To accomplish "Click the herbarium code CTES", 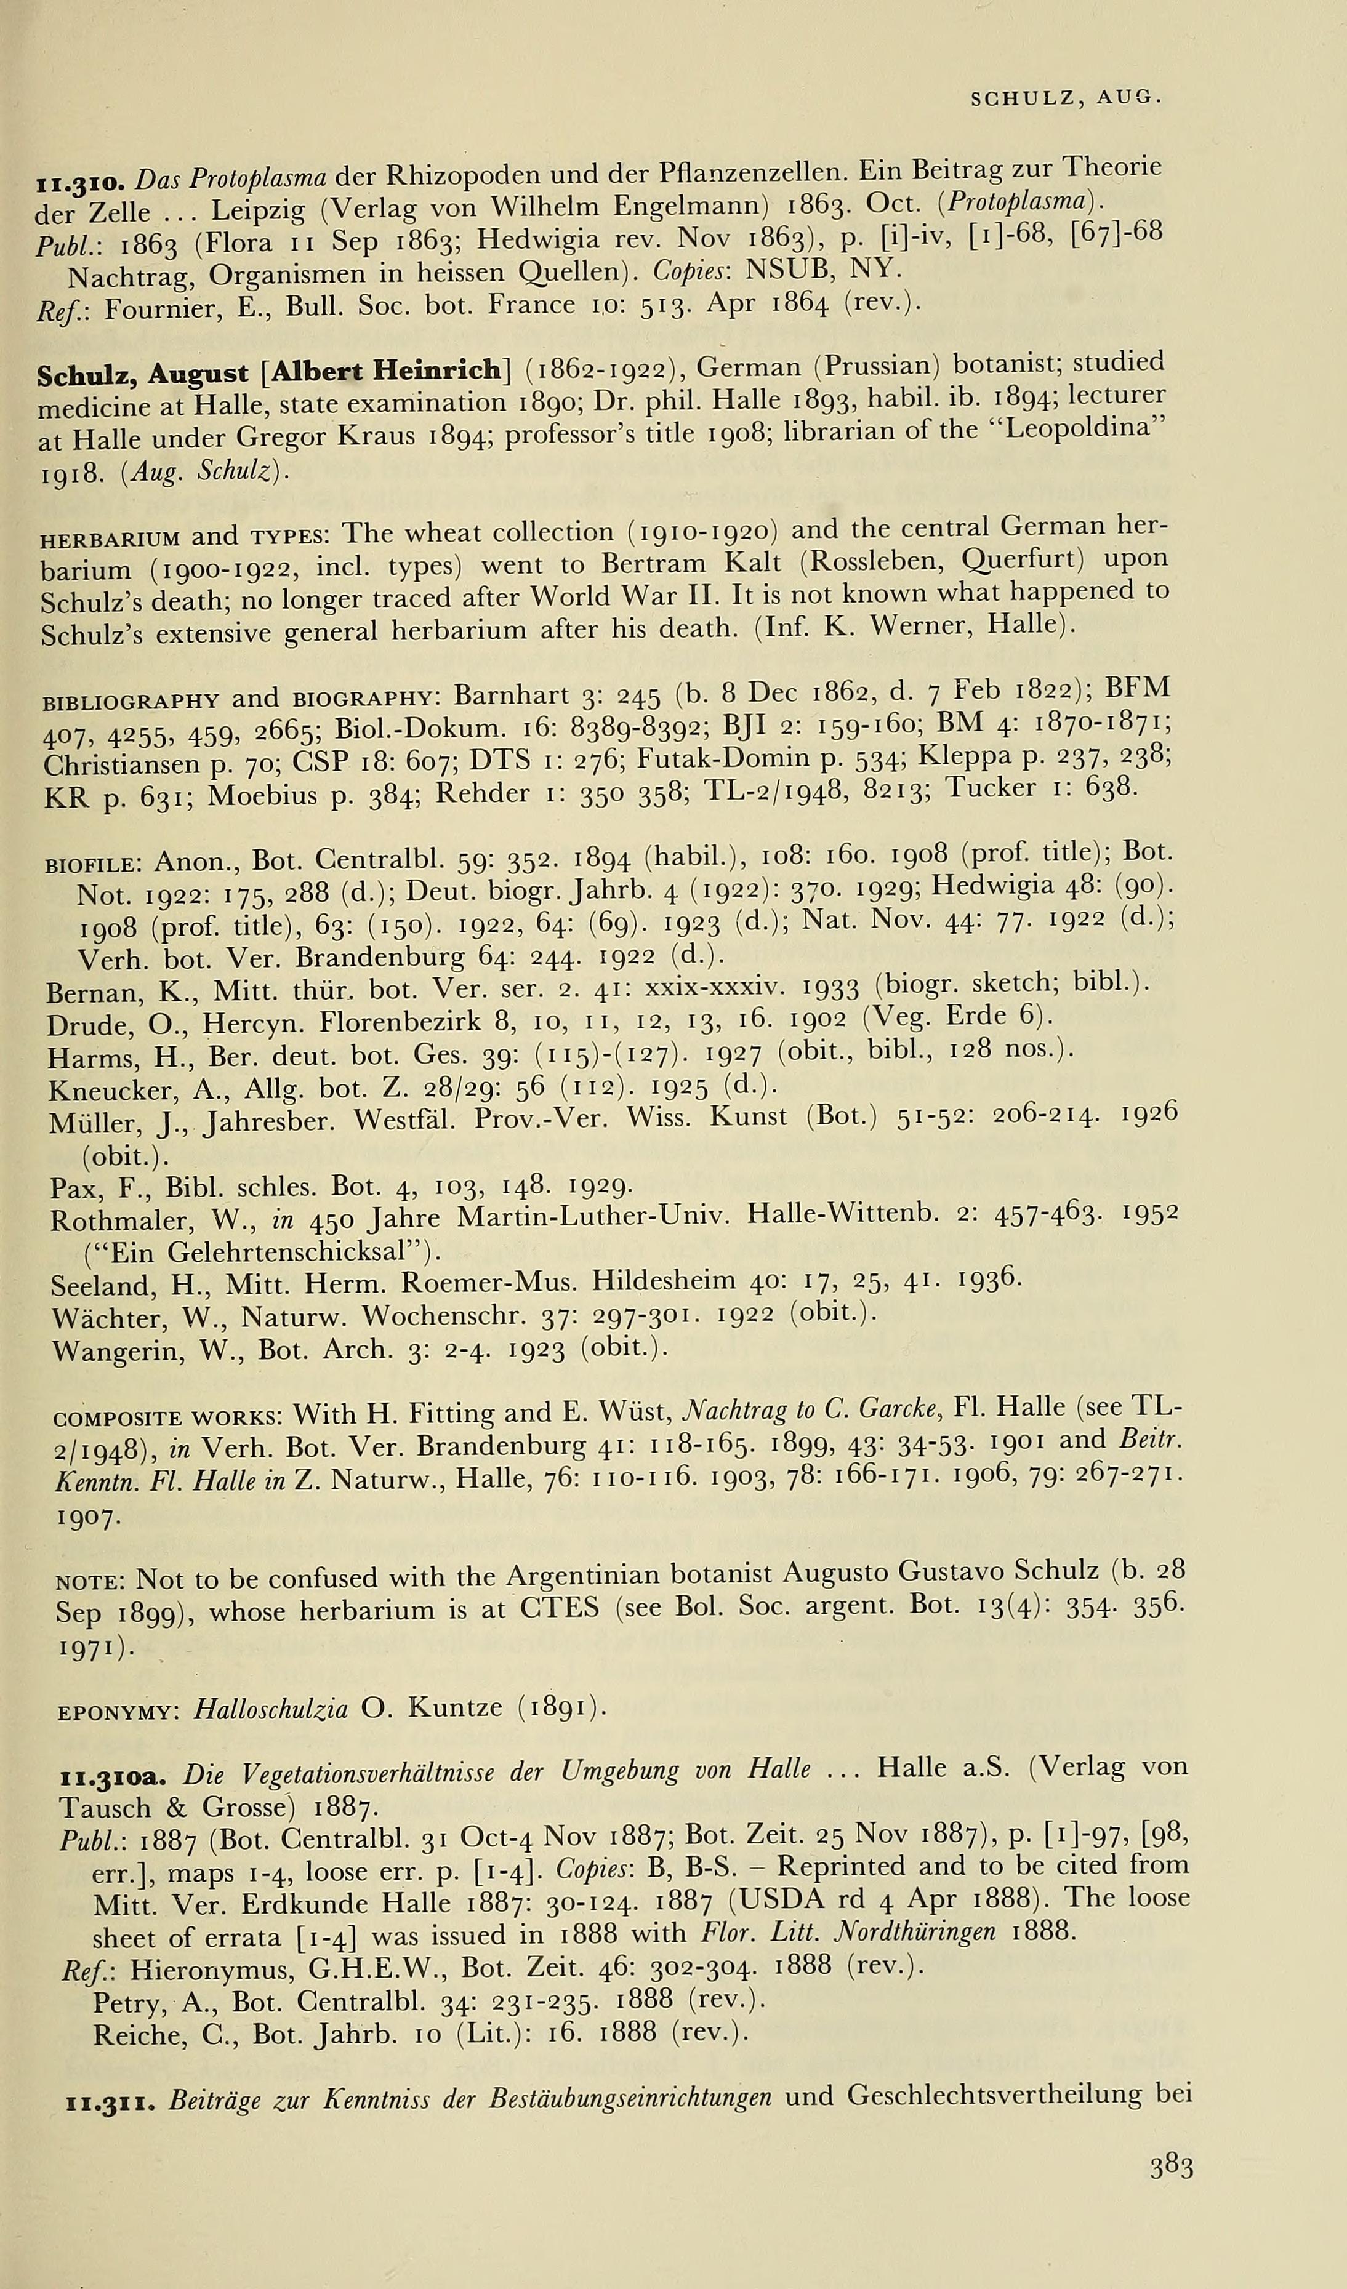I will click(x=560, y=1609).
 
